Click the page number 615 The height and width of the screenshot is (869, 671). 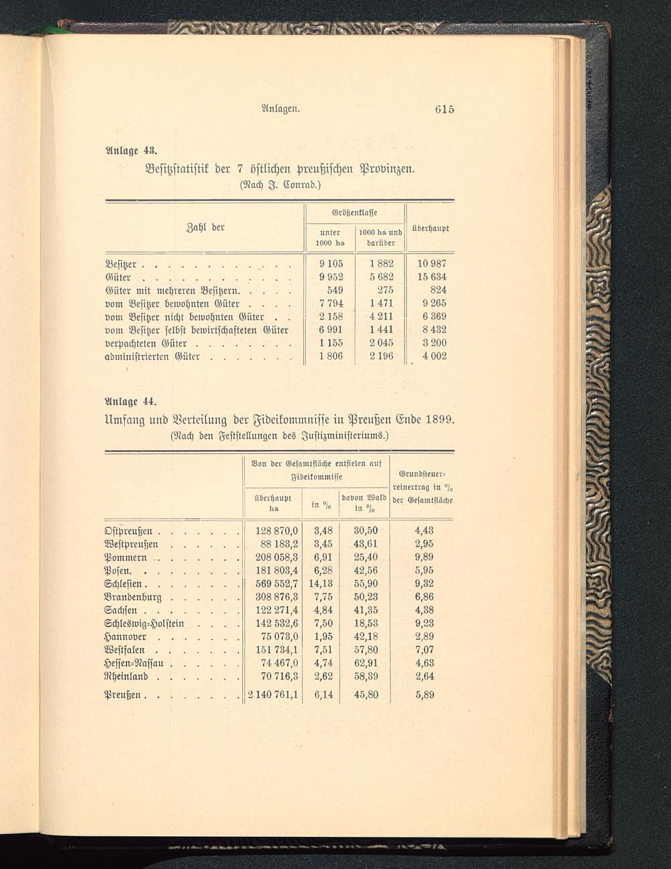[x=444, y=109]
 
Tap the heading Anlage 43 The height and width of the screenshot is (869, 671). [x=130, y=148]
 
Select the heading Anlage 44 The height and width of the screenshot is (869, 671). [x=130, y=402]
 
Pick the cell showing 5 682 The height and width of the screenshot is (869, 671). [x=380, y=277]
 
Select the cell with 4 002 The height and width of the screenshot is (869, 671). [x=434, y=356]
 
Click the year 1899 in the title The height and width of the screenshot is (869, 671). [x=435, y=420]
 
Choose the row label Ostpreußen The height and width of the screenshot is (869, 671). [x=130, y=531]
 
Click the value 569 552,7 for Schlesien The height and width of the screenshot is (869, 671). [x=272, y=584]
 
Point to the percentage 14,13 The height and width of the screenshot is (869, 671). [x=321, y=584]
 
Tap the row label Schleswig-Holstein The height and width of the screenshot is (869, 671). [x=144, y=623]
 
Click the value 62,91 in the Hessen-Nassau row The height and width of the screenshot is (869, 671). [x=366, y=663]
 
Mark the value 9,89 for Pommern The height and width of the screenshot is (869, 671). [x=424, y=557]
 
